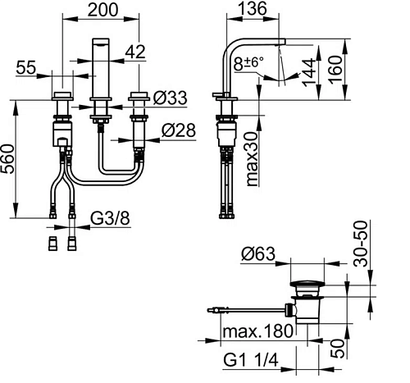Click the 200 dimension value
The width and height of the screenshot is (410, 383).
pos(103,10)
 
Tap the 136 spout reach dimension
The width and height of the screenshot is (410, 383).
pos(252,8)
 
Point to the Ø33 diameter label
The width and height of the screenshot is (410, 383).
pos(170,98)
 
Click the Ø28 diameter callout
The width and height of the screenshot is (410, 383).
pos(179,130)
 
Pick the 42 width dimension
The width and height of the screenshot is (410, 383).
pos(135,52)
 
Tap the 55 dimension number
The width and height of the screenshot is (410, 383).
pos(26,67)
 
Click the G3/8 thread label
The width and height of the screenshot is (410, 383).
pos(110,218)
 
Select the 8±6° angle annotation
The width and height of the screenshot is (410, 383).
pos(248,64)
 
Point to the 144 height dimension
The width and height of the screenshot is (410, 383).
pos(309,72)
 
